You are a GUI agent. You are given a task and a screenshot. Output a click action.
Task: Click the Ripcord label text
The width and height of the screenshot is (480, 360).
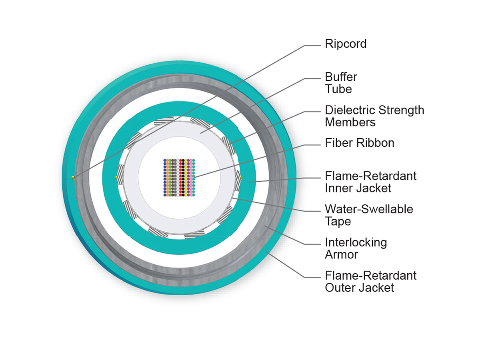coord(346,44)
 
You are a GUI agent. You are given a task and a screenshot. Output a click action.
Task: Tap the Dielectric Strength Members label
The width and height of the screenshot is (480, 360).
coord(374,116)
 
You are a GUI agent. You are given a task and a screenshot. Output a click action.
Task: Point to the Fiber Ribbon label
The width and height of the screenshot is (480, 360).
coord(359,143)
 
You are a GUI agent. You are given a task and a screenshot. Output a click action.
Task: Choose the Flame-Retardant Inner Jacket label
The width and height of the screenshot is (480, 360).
coord(370,182)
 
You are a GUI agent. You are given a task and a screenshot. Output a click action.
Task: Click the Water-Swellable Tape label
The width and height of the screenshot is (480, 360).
coord(369,215)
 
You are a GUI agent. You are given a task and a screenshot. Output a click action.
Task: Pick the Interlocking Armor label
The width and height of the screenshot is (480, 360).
coord(356,248)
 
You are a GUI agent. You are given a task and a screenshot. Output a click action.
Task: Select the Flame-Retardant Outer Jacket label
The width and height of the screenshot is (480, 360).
coord(370,281)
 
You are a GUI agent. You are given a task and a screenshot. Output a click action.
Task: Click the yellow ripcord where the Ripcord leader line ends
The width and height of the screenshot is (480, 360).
coord(73,178)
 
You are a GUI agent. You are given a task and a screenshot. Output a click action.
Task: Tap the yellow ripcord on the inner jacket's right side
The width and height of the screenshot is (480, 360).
coord(241,177)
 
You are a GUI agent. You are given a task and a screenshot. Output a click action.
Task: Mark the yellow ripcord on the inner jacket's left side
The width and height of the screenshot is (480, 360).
coord(116,177)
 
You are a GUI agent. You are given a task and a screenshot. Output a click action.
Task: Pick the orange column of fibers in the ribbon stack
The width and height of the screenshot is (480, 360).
coord(168,178)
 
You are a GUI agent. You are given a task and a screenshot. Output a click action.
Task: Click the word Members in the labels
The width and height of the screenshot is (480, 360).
coord(350,122)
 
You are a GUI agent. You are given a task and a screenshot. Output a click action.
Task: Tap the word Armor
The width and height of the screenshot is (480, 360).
coord(341,254)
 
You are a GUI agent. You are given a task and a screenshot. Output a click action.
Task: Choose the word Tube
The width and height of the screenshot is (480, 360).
coord(338,89)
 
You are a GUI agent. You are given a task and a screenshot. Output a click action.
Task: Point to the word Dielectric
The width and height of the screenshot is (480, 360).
coord(349,110)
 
